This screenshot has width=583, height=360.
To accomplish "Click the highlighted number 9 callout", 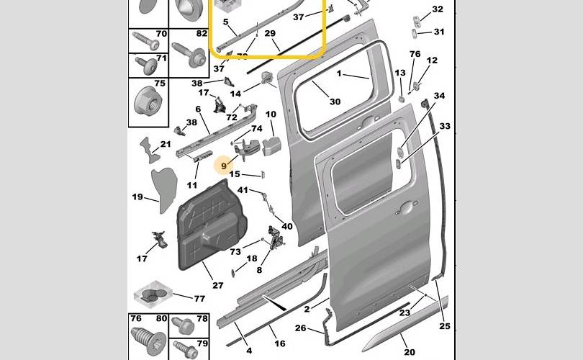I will click(224, 166).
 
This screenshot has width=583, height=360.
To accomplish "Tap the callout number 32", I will click(438, 10).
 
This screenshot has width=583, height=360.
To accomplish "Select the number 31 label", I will click(438, 32).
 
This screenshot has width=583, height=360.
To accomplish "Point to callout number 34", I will click(439, 96).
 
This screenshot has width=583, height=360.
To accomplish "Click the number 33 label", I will click(445, 127).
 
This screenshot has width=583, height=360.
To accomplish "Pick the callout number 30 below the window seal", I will click(335, 102).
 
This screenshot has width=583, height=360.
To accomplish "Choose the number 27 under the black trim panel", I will click(218, 285).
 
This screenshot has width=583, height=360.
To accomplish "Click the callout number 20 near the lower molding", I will click(410, 351).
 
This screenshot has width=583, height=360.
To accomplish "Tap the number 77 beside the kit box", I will click(199, 298).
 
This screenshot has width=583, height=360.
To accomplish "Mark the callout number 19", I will click(137, 197).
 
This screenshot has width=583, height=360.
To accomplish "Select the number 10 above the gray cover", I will click(271, 114).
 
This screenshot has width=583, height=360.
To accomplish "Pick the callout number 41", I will click(243, 190).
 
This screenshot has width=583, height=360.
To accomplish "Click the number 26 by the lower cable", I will click(300, 328).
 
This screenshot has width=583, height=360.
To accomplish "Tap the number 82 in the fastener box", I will click(201, 34).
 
